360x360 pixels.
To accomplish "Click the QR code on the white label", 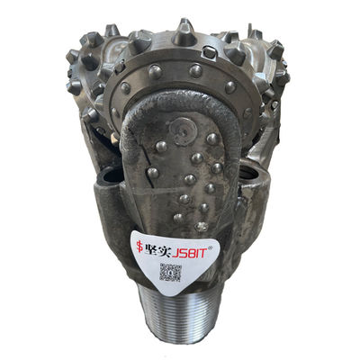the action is pos(170,272).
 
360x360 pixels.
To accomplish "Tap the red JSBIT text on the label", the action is pos(189,253).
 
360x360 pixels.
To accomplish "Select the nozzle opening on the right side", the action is pos(248,171).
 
